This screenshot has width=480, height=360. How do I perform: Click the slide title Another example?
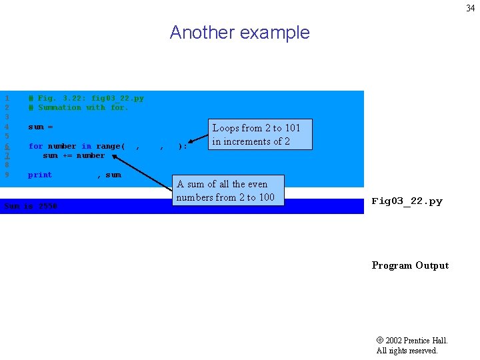point(239,33)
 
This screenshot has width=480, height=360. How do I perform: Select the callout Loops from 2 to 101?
point(256,135)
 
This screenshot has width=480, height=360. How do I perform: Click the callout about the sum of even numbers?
point(225,191)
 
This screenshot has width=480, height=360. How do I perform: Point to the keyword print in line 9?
point(40,175)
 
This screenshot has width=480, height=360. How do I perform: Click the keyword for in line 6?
point(35,146)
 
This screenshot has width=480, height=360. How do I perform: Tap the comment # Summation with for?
point(78,107)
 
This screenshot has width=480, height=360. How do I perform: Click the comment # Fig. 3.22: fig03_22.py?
point(85,98)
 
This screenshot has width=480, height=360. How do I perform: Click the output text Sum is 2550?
point(31,206)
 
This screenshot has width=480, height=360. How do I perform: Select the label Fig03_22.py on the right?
point(407,201)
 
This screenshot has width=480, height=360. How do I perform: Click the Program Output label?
point(410,265)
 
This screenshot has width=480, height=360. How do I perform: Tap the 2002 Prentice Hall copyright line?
point(412,341)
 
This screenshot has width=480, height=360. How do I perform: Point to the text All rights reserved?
point(407,351)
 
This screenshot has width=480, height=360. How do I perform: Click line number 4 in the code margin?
point(7,127)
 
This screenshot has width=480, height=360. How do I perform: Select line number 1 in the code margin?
point(7,98)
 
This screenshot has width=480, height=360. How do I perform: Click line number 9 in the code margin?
point(7,175)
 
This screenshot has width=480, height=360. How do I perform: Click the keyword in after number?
point(87,146)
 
